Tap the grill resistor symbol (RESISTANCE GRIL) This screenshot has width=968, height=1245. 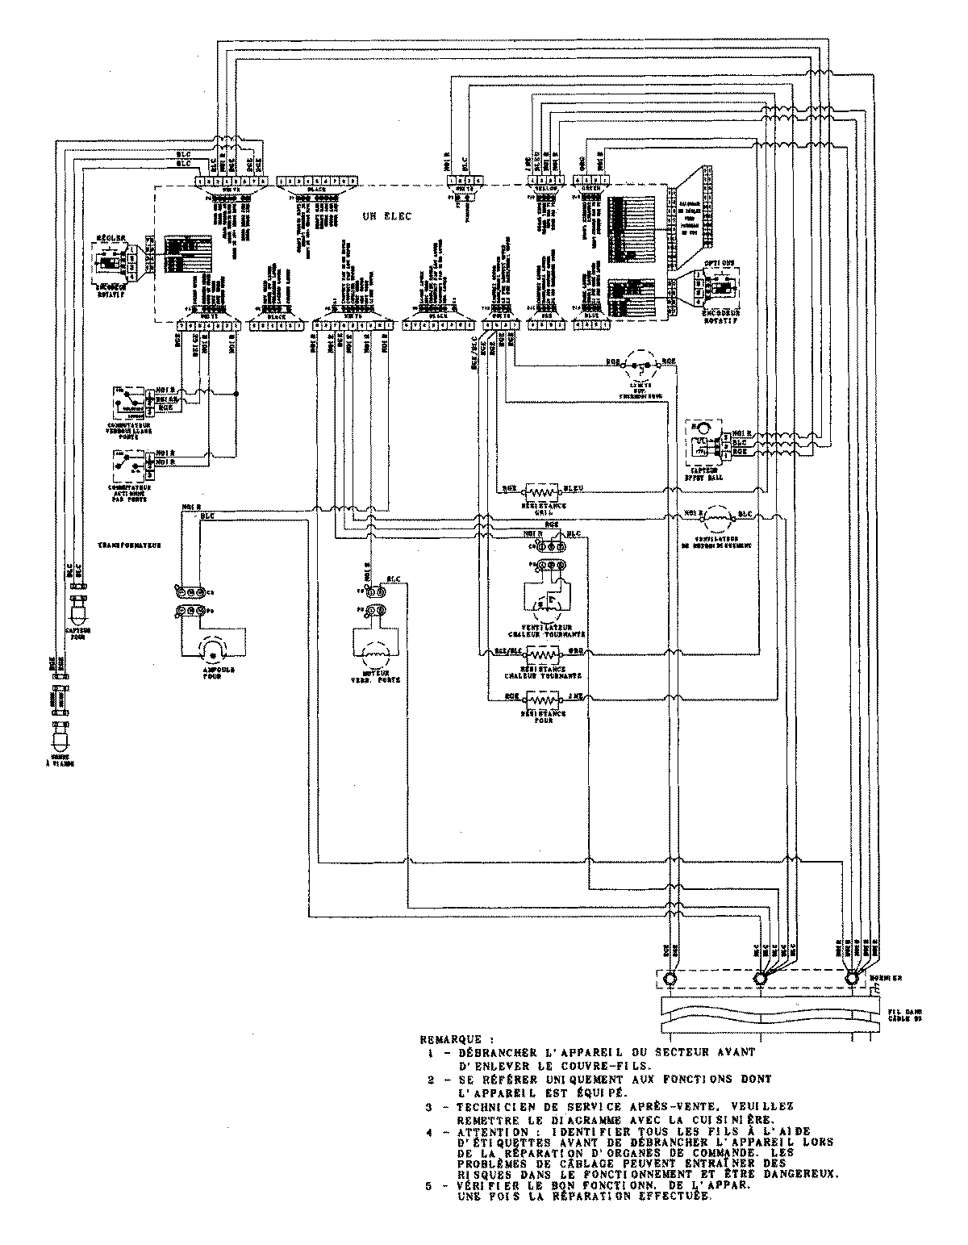point(542,491)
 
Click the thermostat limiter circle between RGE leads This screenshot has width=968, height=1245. point(643,366)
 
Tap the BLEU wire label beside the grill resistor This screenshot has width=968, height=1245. point(574,487)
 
